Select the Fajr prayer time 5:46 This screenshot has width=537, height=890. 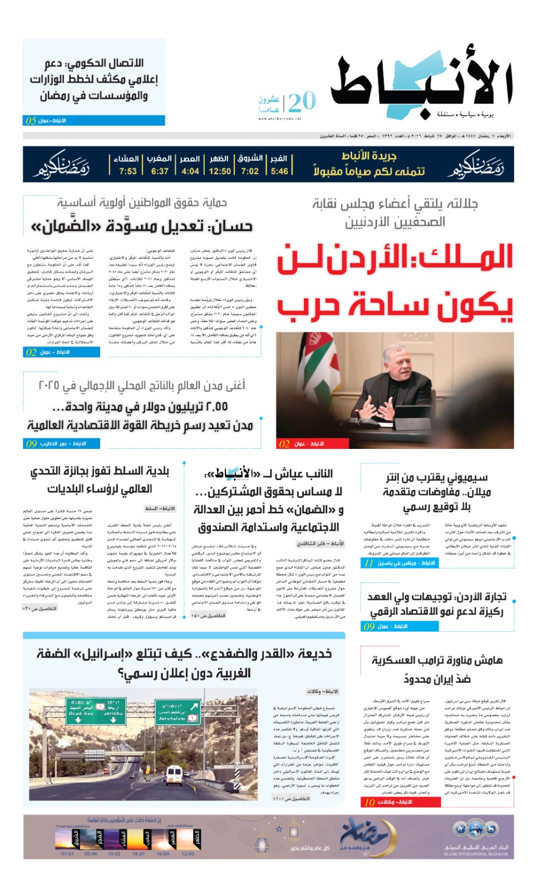(x=279, y=171)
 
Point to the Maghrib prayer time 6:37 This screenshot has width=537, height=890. (x=159, y=171)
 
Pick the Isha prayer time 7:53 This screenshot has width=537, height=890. (x=127, y=171)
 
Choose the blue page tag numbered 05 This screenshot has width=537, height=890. (x=31, y=121)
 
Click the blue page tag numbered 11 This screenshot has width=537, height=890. (x=368, y=563)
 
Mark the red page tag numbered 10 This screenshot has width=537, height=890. (x=370, y=802)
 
